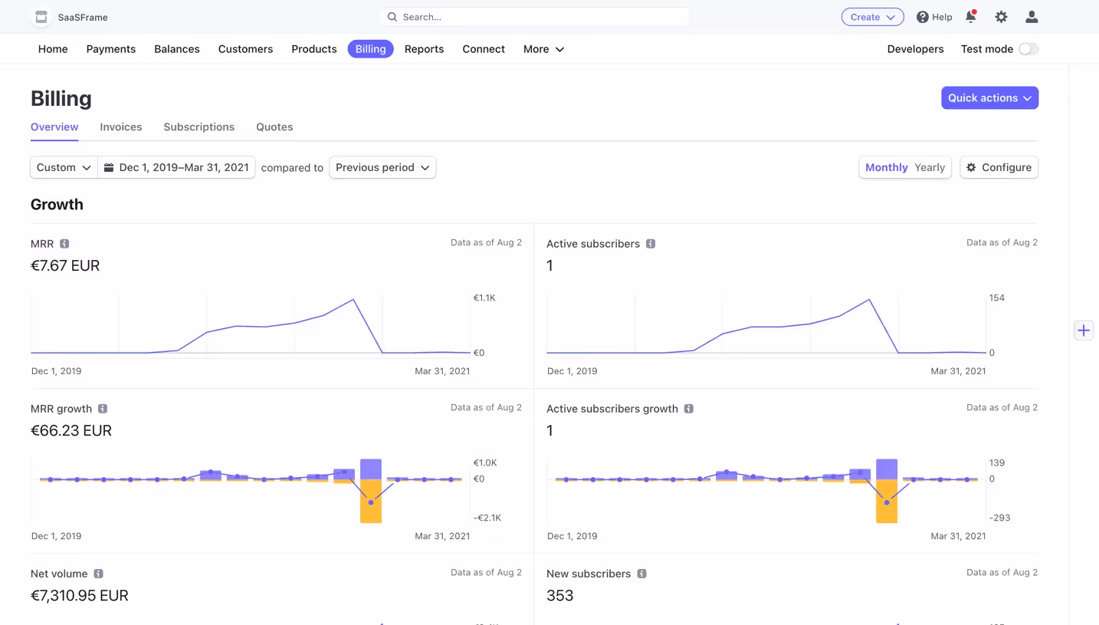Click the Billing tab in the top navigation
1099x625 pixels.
click(x=370, y=49)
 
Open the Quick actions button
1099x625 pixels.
click(x=989, y=98)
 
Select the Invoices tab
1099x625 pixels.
click(x=121, y=127)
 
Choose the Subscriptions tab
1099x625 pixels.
click(x=198, y=127)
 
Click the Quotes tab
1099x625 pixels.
click(x=274, y=127)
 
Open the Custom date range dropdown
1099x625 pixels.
click(x=64, y=167)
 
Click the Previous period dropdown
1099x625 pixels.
click(x=382, y=167)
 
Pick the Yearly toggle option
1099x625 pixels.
click(x=929, y=167)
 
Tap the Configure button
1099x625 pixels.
click(x=999, y=167)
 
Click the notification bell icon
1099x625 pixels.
click(x=970, y=17)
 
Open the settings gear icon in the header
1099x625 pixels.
click(x=1001, y=17)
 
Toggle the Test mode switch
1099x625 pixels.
click(x=1028, y=49)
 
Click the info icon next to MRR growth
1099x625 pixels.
click(x=103, y=409)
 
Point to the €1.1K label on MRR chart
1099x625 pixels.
click(x=484, y=298)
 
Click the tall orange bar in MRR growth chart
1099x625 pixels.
click(x=371, y=502)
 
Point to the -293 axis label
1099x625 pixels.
click(x=999, y=518)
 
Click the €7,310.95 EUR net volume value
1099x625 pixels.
click(x=80, y=596)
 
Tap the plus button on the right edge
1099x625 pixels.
click(x=1083, y=331)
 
